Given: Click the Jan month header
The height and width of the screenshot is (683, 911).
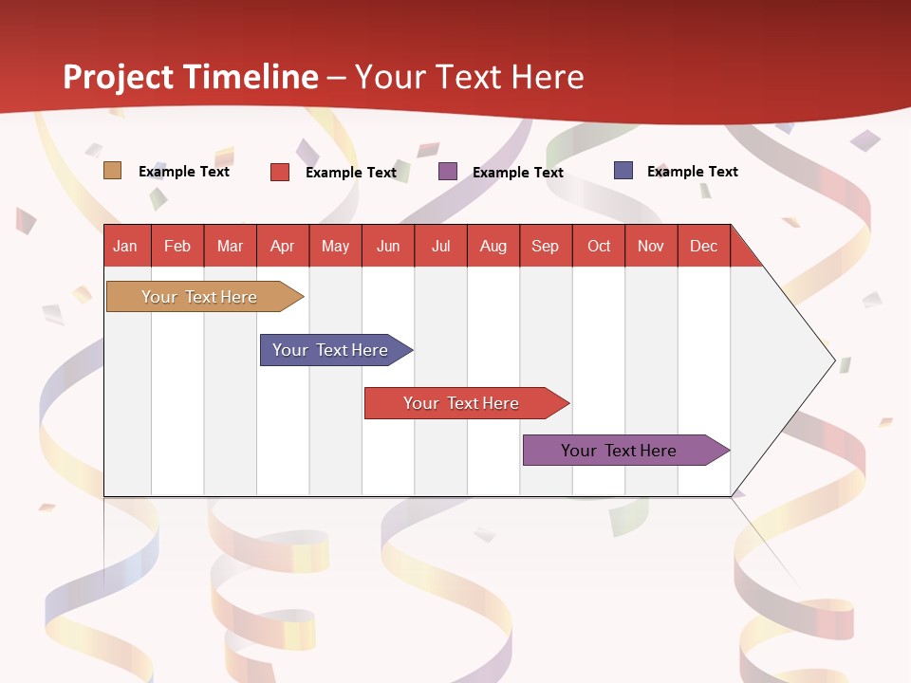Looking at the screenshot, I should point(125,246).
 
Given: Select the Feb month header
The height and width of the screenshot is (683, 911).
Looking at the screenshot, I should point(177,246).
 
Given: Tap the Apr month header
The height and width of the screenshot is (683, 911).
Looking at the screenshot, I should point(282,246).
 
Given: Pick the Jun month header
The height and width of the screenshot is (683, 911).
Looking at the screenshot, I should point(388,246).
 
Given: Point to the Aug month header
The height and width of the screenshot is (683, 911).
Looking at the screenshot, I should point(493,246).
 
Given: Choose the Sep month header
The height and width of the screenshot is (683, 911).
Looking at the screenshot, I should point(545,246).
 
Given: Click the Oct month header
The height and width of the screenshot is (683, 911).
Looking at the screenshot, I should point(599,246).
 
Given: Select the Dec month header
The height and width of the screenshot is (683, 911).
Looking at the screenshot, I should point(703,246).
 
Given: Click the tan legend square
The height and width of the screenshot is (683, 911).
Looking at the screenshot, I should point(113,171).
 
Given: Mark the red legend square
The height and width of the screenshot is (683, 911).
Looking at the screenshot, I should point(280,172).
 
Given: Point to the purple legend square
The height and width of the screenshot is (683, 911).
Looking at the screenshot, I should point(448,172).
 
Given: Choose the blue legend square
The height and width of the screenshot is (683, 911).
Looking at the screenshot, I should point(623,171).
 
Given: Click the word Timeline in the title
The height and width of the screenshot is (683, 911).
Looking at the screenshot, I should point(251,77).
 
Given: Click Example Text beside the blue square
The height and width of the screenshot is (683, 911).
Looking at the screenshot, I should point(692,172).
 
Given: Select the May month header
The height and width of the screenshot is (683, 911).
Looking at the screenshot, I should point(335,246).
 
